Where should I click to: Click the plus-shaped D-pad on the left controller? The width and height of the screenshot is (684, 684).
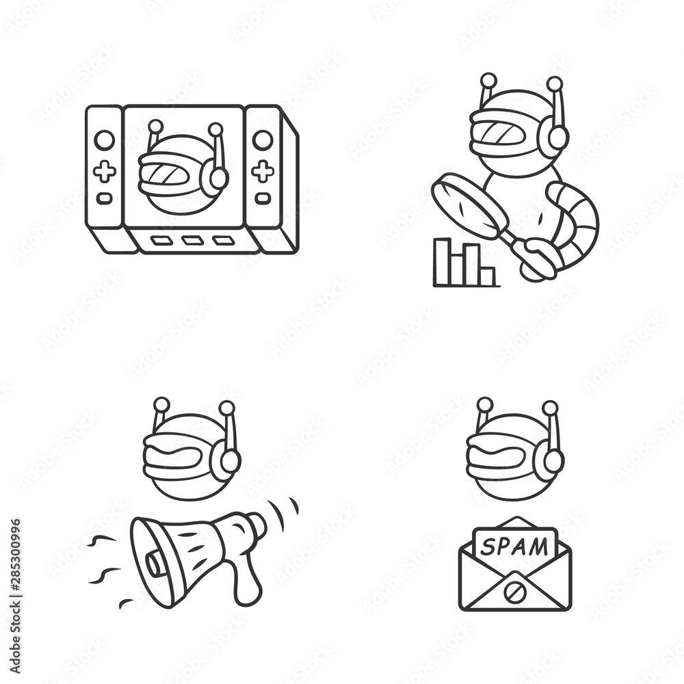point(104,171)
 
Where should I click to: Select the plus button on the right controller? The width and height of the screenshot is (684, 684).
point(263,171)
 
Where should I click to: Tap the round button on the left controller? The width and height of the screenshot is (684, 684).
point(104,140)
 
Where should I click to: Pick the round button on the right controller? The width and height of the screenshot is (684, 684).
point(263,140)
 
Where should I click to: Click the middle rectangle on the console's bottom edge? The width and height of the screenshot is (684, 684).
point(192,240)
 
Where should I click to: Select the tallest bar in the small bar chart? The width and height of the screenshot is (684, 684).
point(443,261)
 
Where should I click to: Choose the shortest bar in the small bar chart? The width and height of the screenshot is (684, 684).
point(486,276)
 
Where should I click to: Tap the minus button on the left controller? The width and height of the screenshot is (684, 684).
point(104,198)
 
